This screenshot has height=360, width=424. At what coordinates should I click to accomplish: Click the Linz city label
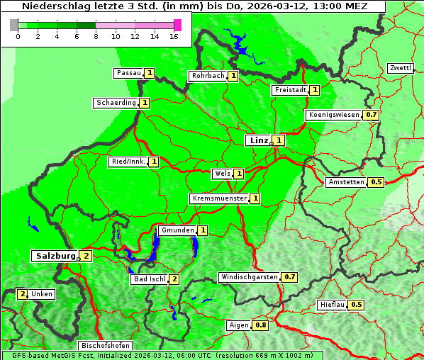pyautogui.click(x=258, y=140)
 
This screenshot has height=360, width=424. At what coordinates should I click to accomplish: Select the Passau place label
pyautogui.click(x=128, y=73)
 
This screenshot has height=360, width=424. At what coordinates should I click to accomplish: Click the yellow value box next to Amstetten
pyautogui.click(x=376, y=182)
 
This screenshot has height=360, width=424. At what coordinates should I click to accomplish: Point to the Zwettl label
pyautogui.click(x=400, y=68)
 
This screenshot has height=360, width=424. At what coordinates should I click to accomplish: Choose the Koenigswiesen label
pyautogui.click(x=334, y=114)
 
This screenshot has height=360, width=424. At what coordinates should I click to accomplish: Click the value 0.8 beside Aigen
pyautogui.click(x=261, y=325)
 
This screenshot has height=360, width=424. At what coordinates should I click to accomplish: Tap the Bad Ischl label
pyautogui.click(x=149, y=279)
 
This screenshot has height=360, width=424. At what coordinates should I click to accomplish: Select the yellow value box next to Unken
pyautogui.click(x=23, y=294)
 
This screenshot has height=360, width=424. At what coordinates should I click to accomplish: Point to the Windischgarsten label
pyautogui.click(x=249, y=276)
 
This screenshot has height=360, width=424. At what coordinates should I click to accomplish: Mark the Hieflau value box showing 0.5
pyautogui.click(x=357, y=305)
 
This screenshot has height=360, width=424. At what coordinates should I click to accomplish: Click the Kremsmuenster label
pyautogui.click(x=219, y=198)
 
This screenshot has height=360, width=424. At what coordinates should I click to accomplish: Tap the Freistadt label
pyautogui.click(x=289, y=90)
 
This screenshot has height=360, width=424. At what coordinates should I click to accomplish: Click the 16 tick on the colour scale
pyautogui.click(x=174, y=36)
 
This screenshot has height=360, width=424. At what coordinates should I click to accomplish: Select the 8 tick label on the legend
pyautogui.click(x=96, y=36)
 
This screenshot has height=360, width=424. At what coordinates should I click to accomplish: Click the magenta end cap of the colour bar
pyautogui.click(x=177, y=25)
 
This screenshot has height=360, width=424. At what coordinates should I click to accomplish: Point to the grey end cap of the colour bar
pyautogui.click(x=13, y=25)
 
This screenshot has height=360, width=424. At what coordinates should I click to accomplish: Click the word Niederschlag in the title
pyautogui.click(x=51, y=6)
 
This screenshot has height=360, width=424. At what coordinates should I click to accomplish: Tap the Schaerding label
pyautogui.click(x=116, y=103)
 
